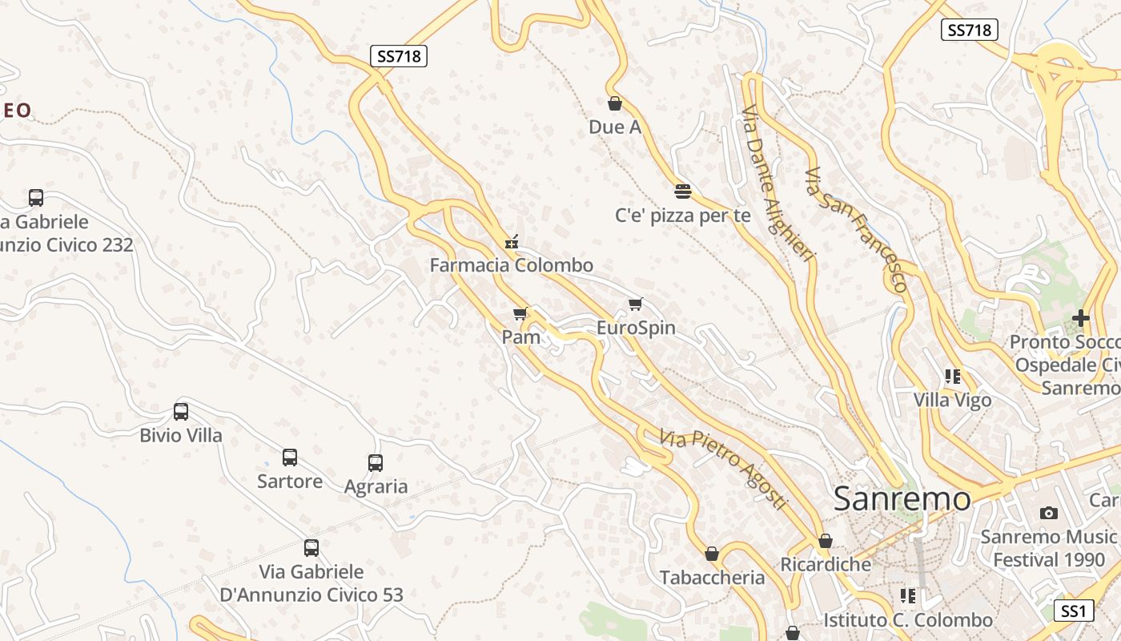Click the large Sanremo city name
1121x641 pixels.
[x=902, y=498]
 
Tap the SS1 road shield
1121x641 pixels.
[x=1073, y=611]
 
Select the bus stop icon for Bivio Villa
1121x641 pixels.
[x=181, y=412]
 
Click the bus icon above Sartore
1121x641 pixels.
[x=290, y=458]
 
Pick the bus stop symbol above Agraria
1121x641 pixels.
[x=376, y=462]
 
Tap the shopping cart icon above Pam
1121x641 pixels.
[x=520, y=313]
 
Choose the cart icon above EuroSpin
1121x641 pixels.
[x=636, y=304]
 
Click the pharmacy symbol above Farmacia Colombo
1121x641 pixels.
[x=512, y=241]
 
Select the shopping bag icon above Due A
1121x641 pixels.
[x=615, y=103]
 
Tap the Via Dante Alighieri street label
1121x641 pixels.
[x=777, y=183]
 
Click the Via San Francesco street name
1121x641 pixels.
[x=858, y=229]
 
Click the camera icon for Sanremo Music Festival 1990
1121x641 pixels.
[x=1048, y=513]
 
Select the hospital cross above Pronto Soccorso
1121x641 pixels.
[x=1081, y=318]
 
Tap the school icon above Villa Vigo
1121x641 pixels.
[x=953, y=376]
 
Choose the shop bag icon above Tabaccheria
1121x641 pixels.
[x=712, y=554]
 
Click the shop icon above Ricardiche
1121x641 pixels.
[x=826, y=541]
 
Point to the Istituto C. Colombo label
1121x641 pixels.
[x=908, y=620]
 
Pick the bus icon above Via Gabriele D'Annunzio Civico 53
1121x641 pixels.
[x=311, y=548]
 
